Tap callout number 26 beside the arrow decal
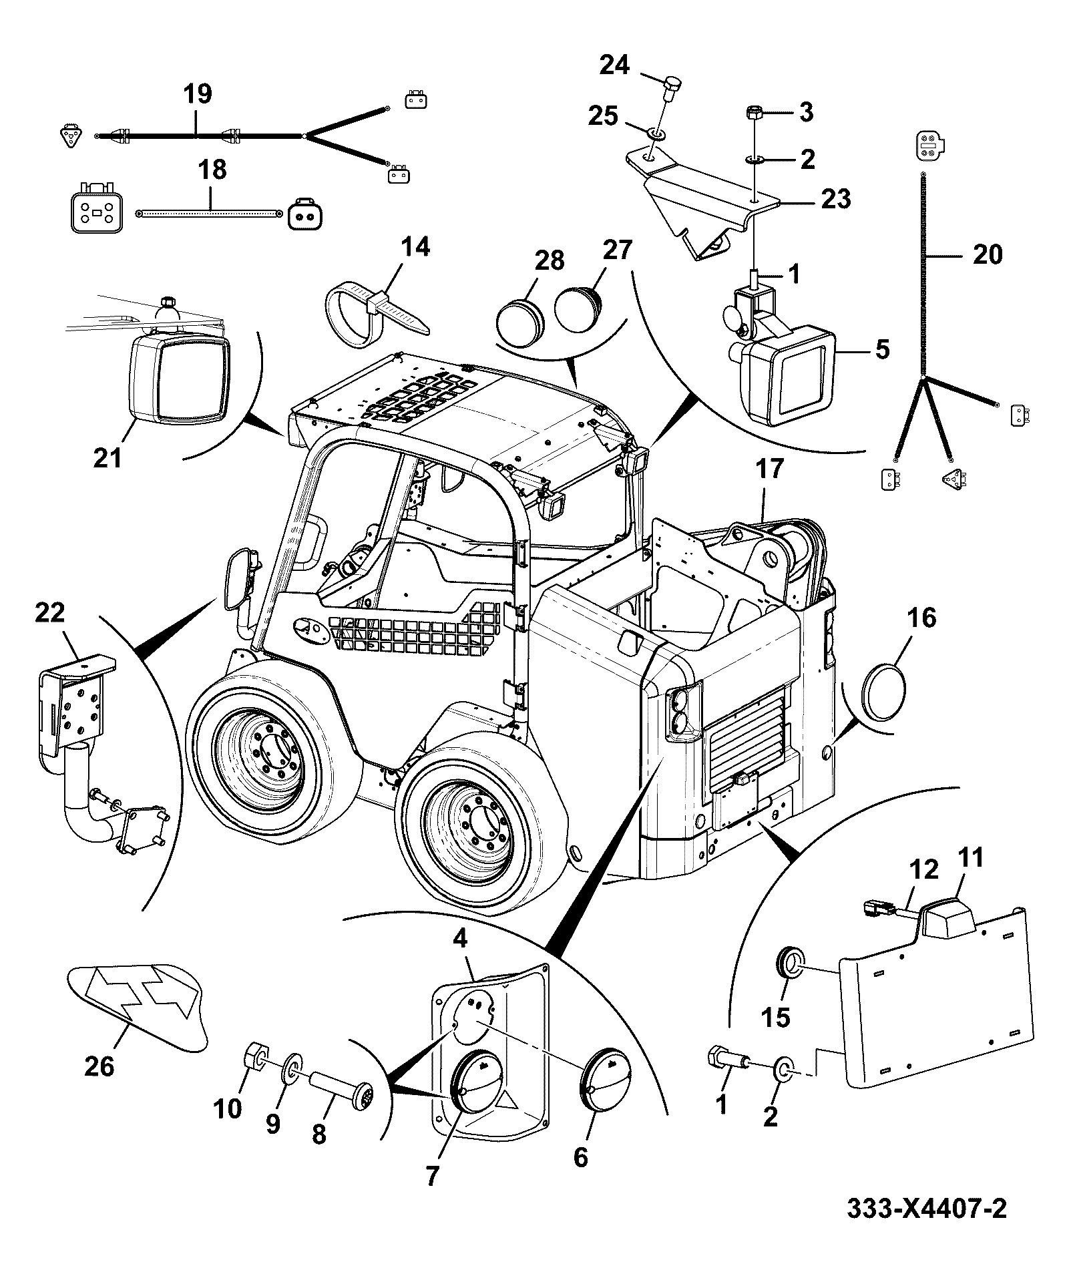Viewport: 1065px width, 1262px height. pos(99,1067)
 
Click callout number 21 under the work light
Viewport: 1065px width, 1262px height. pos(108,458)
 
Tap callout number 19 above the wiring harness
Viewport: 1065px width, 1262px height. pos(198,93)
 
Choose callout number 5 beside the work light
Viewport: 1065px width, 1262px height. pos(882,348)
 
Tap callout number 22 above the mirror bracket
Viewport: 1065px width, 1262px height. pos(51,612)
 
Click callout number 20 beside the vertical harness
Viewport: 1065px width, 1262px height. pos(988,254)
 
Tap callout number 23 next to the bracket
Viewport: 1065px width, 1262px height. pos(837,199)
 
